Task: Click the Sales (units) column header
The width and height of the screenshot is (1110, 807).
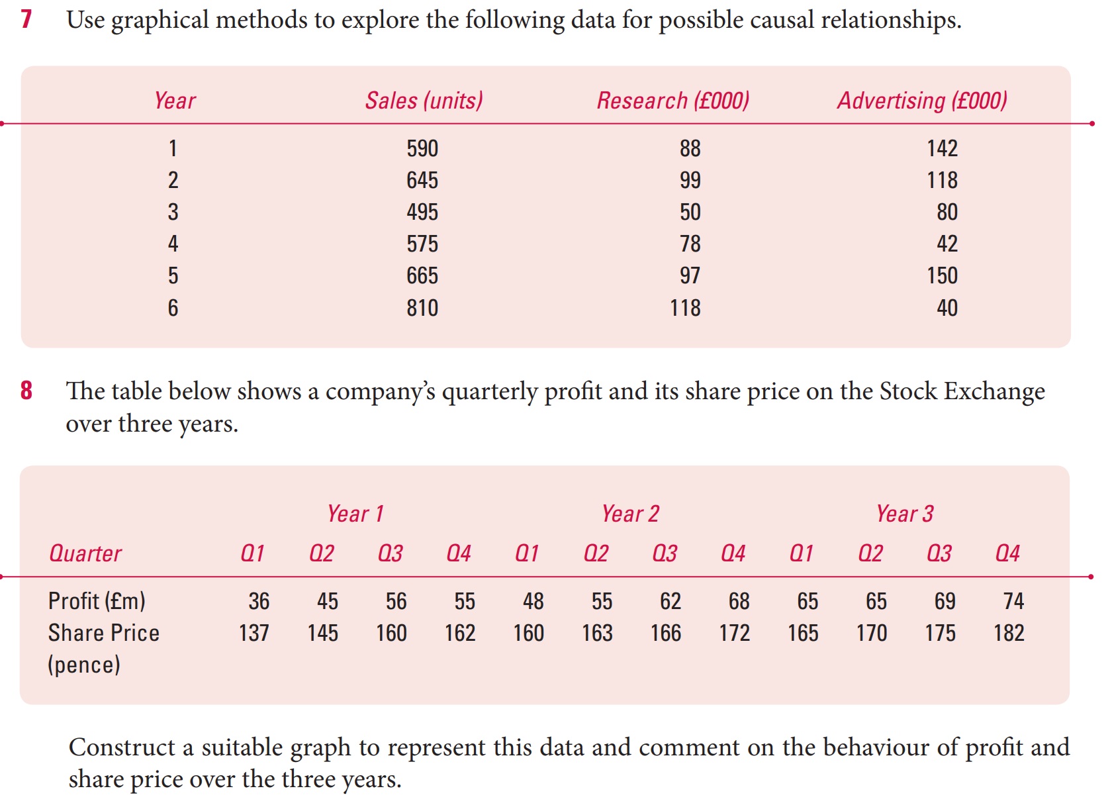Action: pyautogui.click(x=424, y=101)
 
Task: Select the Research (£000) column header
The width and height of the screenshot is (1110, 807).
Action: pyautogui.click(x=673, y=101)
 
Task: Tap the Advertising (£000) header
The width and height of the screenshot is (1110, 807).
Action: pyautogui.click(x=922, y=101)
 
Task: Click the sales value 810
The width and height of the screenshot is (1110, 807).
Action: pyautogui.click(x=422, y=308)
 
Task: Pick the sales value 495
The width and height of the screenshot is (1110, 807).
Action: pyautogui.click(x=422, y=212)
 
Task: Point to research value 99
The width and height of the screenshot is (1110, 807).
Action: pyautogui.click(x=690, y=180)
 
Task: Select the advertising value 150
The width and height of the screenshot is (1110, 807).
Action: pyautogui.click(x=942, y=275)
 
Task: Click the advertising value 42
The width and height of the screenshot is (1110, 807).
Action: pyautogui.click(x=947, y=244)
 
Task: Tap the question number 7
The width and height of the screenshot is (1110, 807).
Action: pyautogui.click(x=26, y=19)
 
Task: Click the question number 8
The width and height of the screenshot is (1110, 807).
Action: pyautogui.click(x=26, y=391)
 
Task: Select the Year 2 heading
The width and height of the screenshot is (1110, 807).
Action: pyautogui.click(x=630, y=514)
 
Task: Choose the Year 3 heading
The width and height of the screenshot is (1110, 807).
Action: pyautogui.click(x=904, y=514)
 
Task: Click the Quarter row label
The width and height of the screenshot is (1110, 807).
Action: pyautogui.click(x=85, y=553)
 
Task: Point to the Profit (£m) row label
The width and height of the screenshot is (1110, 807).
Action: pyautogui.click(x=97, y=601)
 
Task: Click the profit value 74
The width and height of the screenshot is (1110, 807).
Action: pyautogui.click(x=1013, y=601)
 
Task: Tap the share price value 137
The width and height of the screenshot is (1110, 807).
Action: pyautogui.click(x=254, y=633)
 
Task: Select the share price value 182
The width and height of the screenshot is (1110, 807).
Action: pyautogui.click(x=1009, y=633)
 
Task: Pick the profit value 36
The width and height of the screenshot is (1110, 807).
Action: pyautogui.click(x=259, y=601)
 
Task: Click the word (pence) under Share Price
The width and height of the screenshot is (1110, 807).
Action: pyautogui.click(x=84, y=665)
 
